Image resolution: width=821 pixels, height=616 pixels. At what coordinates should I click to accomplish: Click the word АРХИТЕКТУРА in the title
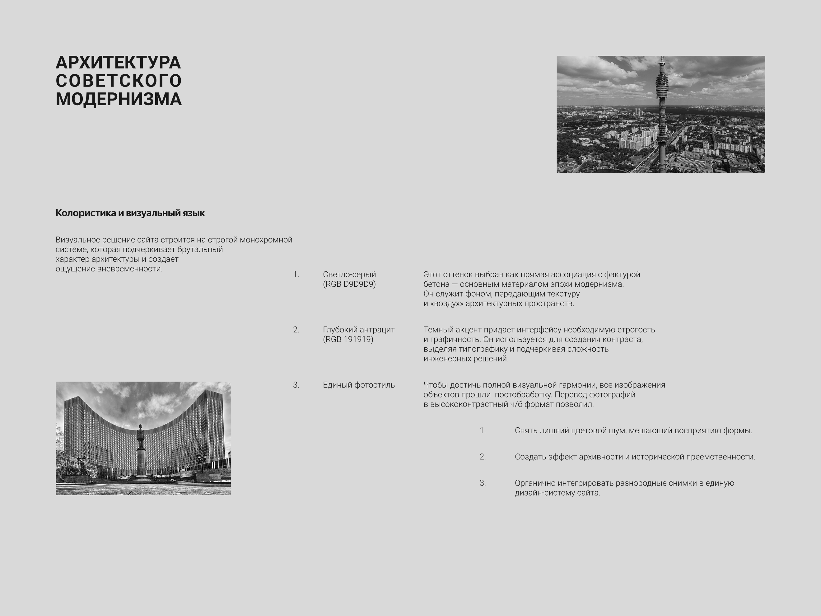click(x=118, y=62)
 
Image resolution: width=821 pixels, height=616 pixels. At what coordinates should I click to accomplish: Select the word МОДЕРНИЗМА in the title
click(x=119, y=99)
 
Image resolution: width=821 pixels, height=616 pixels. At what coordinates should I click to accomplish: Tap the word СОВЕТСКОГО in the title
click(x=119, y=81)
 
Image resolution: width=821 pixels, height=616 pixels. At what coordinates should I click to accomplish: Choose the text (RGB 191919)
click(x=348, y=339)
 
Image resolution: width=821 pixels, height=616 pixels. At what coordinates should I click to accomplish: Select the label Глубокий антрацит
click(x=358, y=330)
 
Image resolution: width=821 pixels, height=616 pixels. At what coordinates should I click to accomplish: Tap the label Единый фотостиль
click(x=358, y=385)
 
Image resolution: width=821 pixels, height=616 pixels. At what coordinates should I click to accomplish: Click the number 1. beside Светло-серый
click(x=296, y=275)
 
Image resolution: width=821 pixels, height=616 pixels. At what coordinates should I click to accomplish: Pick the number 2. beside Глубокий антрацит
click(x=296, y=330)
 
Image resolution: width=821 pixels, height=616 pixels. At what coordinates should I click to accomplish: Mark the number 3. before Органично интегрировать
click(x=482, y=483)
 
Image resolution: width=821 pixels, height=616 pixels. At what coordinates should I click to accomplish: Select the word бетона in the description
click(x=436, y=284)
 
